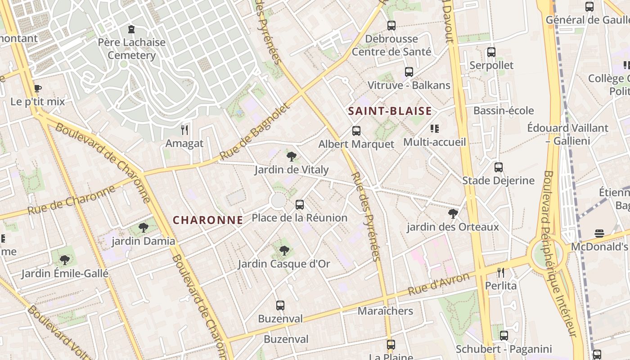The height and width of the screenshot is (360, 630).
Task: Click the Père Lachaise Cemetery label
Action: (x=131, y=49)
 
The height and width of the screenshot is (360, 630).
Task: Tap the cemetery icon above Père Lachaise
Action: (x=131, y=30)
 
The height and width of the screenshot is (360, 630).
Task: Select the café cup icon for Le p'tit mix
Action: (x=38, y=88)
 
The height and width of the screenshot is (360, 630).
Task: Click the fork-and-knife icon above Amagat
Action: (x=184, y=130)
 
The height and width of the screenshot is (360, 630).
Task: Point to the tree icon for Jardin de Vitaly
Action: (x=292, y=157)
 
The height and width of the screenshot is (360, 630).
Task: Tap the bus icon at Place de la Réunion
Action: (x=300, y=205)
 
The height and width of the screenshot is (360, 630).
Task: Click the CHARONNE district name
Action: (x=208, y=220)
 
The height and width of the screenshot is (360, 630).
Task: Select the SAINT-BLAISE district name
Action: (x=390, y=111)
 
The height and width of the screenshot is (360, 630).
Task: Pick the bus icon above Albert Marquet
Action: (x=356, y=131)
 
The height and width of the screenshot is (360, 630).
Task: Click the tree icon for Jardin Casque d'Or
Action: (x=284, y=250)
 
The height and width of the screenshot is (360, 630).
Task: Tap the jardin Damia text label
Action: (x=144, y=241)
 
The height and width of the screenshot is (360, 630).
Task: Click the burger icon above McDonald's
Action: (x=599, y=233)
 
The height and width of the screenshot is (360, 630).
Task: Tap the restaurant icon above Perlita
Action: (x=501, y=272)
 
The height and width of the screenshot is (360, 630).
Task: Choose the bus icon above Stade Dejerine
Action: (x=499, y=167)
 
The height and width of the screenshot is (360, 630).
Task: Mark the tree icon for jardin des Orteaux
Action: (x=453, y=213)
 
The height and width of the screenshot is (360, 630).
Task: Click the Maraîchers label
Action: (x=385, y=311)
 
